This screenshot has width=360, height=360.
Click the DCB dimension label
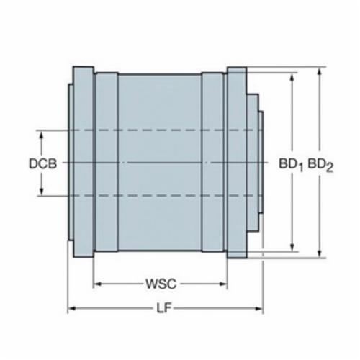pyautogui.click(x=43, y=163)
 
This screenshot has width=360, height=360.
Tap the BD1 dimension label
pyautogui.click(x=291, y=165)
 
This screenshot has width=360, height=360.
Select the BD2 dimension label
pyautogui.click(x=320, y=165)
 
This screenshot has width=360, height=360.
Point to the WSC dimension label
pyautogui.click(x=161, y=284)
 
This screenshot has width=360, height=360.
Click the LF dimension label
pyautogui.click(x=164, y=308)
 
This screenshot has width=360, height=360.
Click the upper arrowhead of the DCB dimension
pyautogui.click(x=41, y=135)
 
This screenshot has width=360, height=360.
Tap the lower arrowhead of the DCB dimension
pyautogui.click(x=41, y=191)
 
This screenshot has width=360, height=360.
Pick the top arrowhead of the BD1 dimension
pyautogui.click(x=292, y=77)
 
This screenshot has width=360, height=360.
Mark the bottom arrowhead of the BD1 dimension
pyautogui.click(x=292, y=247)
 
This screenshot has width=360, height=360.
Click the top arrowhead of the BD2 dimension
pyautogui.click(x=320, y=71)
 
